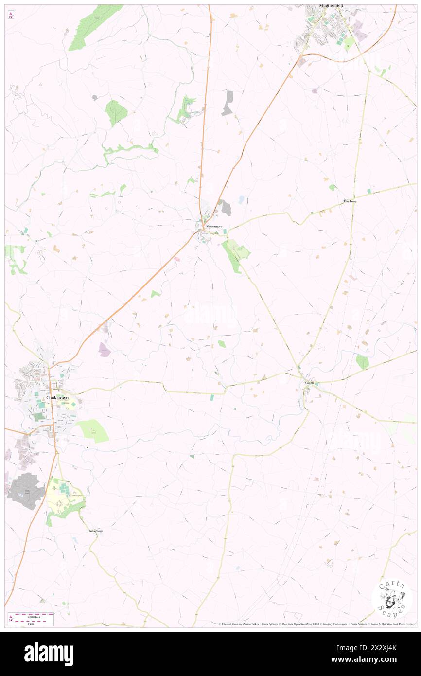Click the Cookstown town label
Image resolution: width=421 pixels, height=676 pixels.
click(57, 398)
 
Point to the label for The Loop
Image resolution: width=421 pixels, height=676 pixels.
click(350, 201)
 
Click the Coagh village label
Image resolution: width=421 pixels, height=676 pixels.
click(309, 383)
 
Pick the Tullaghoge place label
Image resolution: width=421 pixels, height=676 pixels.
click(95, 530)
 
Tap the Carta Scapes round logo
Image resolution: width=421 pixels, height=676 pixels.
click(392, 599)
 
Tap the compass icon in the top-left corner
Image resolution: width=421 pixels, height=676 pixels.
click(11, 16)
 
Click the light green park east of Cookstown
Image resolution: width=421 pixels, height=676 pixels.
click(93, 430)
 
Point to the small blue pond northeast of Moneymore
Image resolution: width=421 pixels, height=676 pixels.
click(241, 199)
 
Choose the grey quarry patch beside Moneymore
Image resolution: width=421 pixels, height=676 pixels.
click(226, 208)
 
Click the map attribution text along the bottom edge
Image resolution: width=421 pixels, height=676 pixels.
click(316, 624)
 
